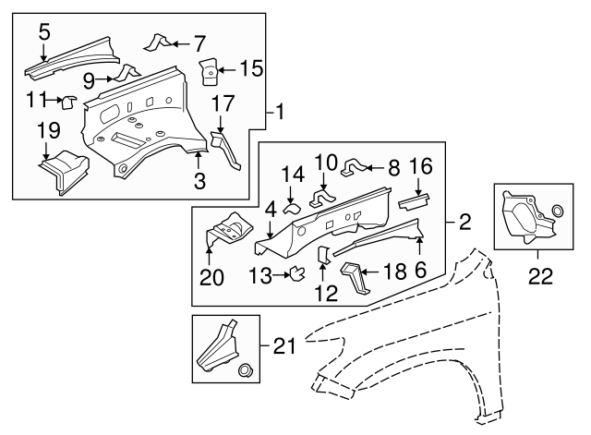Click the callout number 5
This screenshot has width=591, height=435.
click(43, 31)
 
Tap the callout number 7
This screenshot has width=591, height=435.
click(199, 42)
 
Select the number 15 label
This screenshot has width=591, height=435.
click(250, 67)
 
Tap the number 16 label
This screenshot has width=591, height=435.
click(420, 167)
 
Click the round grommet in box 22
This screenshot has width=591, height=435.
click(556, 217)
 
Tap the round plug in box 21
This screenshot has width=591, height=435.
click(246, 371)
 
